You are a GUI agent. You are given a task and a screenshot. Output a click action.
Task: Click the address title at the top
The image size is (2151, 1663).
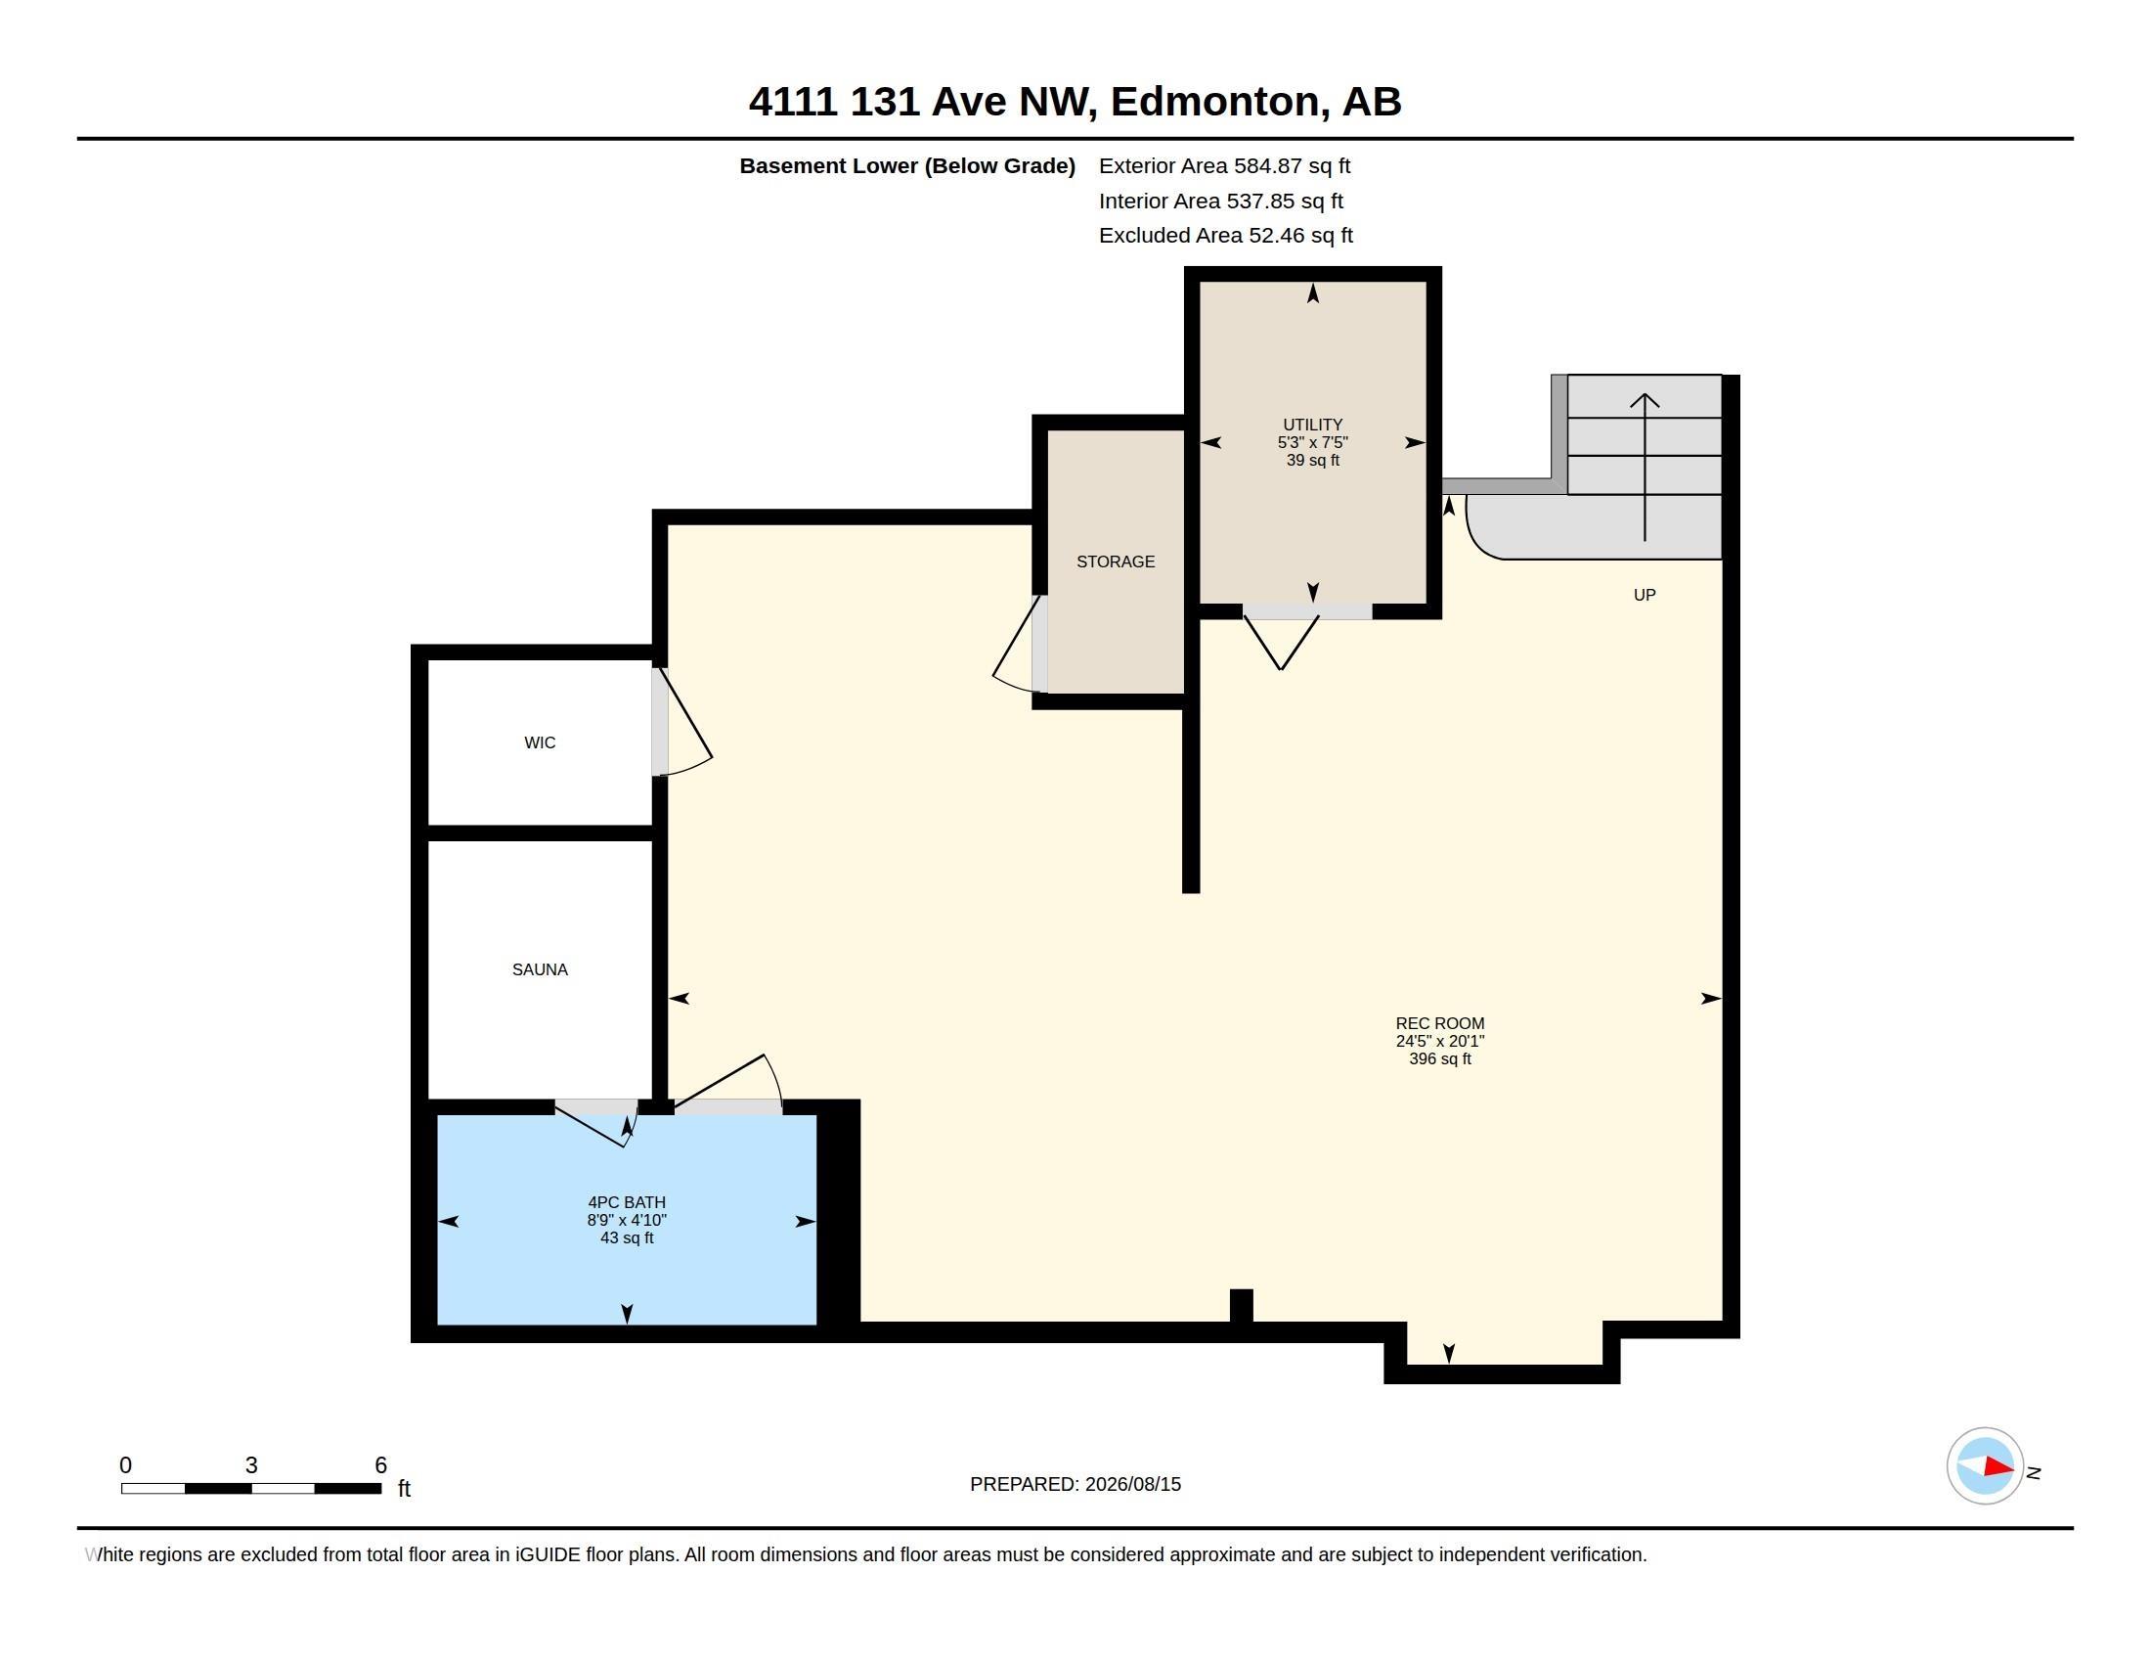1075,102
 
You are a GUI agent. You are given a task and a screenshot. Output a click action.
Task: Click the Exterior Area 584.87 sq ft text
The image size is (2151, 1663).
1224,165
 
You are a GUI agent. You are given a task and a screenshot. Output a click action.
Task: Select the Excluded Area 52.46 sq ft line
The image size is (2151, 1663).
1225,236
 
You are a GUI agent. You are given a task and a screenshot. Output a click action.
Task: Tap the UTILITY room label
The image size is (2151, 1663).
1312,425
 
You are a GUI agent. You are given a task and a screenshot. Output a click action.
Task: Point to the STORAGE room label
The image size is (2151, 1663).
1115,562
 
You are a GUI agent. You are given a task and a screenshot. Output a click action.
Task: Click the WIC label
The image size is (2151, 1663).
540,742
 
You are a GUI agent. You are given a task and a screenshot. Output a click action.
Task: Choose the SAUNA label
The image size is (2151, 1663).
540,969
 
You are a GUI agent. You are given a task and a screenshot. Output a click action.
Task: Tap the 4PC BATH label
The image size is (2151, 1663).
627,1202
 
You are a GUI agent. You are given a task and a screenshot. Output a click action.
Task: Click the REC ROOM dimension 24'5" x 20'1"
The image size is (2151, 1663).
1440,1042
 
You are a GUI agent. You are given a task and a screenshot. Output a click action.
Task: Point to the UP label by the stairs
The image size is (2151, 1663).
1644,595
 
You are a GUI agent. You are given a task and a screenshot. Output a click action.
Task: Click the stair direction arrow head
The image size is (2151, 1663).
1644,399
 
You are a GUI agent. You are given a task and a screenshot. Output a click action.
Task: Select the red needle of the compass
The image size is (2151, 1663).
1998,1467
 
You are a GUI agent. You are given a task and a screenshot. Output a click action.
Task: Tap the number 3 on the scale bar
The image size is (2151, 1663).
251,1465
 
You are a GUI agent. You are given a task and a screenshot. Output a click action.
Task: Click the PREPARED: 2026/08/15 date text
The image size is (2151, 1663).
1075,1484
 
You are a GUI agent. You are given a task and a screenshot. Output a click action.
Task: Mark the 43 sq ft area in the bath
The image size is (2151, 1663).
627,1237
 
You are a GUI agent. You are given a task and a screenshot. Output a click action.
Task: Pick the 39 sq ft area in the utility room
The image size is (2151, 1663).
1312,460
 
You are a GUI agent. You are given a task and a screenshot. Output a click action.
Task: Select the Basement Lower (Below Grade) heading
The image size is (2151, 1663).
907,165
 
